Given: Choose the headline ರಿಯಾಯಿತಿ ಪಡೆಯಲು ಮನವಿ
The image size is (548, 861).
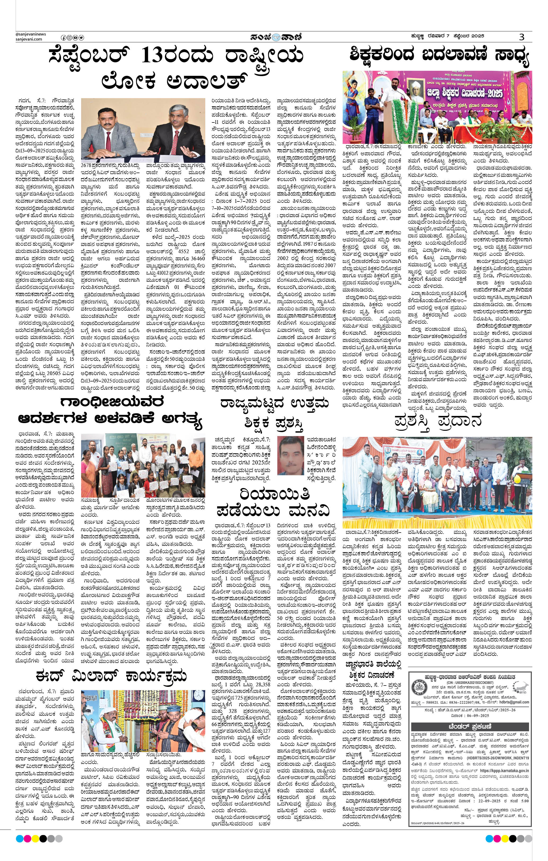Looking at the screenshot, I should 274,503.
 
